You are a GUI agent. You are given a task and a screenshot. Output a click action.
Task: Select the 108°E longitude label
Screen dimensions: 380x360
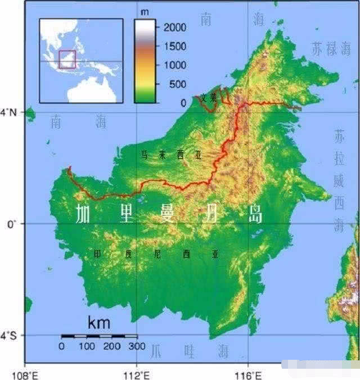(26, 373)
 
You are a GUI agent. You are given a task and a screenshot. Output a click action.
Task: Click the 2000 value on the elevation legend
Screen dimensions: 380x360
(175, 27)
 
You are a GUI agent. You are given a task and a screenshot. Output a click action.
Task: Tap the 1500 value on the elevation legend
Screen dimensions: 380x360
(175, 46)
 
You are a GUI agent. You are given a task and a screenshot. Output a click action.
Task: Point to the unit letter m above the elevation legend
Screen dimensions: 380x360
(145, 12)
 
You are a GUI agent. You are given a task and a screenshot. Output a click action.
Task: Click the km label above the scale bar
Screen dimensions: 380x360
(99, 323)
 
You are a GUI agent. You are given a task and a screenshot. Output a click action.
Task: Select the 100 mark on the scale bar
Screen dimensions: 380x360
(87, 346)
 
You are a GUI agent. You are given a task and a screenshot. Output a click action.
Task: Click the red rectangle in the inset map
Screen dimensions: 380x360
(67, 59)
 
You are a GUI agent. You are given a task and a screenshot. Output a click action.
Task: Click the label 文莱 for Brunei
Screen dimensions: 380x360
(208, 97)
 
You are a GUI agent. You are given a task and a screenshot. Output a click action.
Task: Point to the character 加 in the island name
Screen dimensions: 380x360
(84, 214)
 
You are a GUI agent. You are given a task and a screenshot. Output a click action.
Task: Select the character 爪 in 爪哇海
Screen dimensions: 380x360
(156, 351)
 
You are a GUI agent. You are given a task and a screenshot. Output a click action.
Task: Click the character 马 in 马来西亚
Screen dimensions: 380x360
(145, 155)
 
